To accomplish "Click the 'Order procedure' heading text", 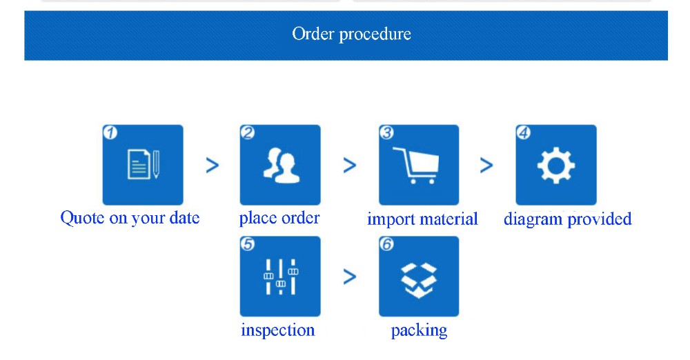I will (351, 34).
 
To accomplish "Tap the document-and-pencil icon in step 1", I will (143, 164).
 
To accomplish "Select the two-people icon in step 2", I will (279, 165).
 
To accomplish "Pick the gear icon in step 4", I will (555, 166).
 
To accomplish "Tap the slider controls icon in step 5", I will (280, 277).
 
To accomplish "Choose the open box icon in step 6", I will (419, 277).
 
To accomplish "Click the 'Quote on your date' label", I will (130, 218).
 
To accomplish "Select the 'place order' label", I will (279, 218).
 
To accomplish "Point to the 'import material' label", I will (422, 219).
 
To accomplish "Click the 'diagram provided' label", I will (567, 219).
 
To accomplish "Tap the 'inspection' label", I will (277, 330).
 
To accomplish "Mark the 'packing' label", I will (419, 331).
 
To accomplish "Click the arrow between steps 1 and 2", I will (213, 165).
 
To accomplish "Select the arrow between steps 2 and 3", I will (350, 165).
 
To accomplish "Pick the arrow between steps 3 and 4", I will (486, 165).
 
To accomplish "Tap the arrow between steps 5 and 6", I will (350, 277).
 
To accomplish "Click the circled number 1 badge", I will (109, 132).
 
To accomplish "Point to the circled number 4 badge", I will (523, 132).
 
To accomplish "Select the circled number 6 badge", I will (386, 243).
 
